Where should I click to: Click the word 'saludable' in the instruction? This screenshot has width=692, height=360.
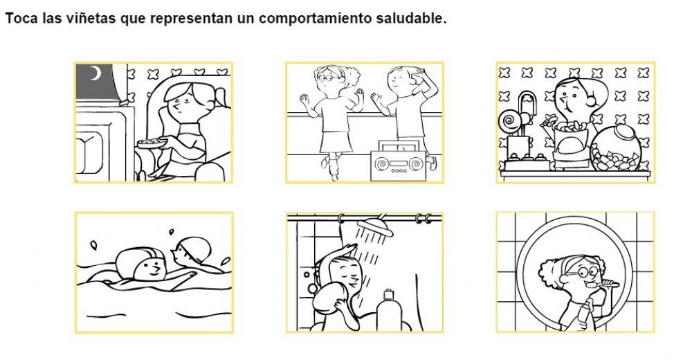pos(410,19)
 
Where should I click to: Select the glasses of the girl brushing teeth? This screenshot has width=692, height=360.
pos(575,273)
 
